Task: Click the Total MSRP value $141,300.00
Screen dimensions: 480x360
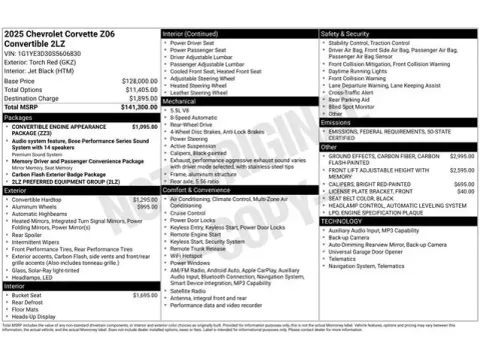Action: point(134,106)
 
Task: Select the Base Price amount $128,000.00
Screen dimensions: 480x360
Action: point(135,80)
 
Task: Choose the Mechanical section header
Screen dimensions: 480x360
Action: point(180,101)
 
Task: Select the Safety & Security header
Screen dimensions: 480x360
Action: point(345,33)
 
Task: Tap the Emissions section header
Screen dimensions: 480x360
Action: point(337,121)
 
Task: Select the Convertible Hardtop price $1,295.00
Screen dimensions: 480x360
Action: point(146,199)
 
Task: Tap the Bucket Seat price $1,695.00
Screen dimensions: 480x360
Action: point(146,296)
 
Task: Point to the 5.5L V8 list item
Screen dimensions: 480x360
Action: point(182,109)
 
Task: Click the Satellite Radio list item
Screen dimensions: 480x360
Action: point(190,263)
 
